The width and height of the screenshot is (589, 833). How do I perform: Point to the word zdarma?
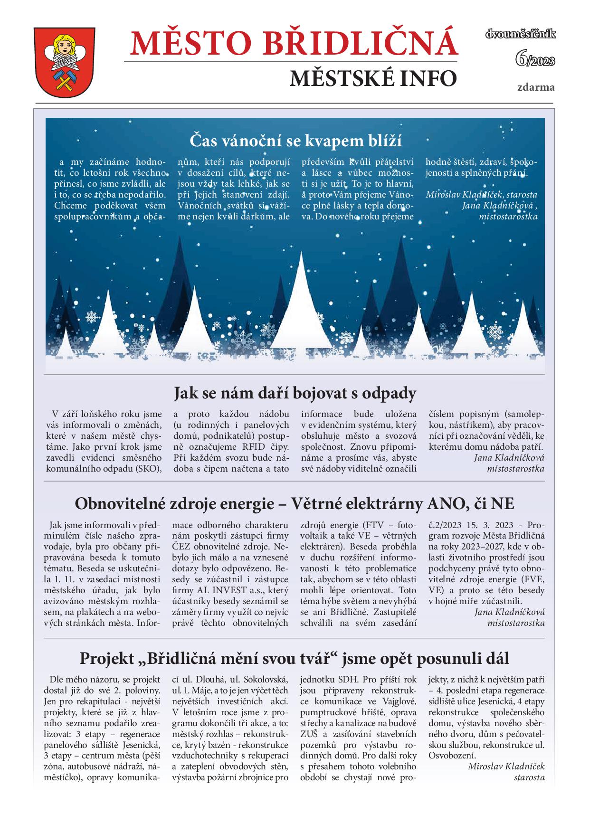(x=536, y=87)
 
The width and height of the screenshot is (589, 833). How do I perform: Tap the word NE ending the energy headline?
(x=502, y=503)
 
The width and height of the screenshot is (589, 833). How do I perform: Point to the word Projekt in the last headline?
(x=107, y=659)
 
